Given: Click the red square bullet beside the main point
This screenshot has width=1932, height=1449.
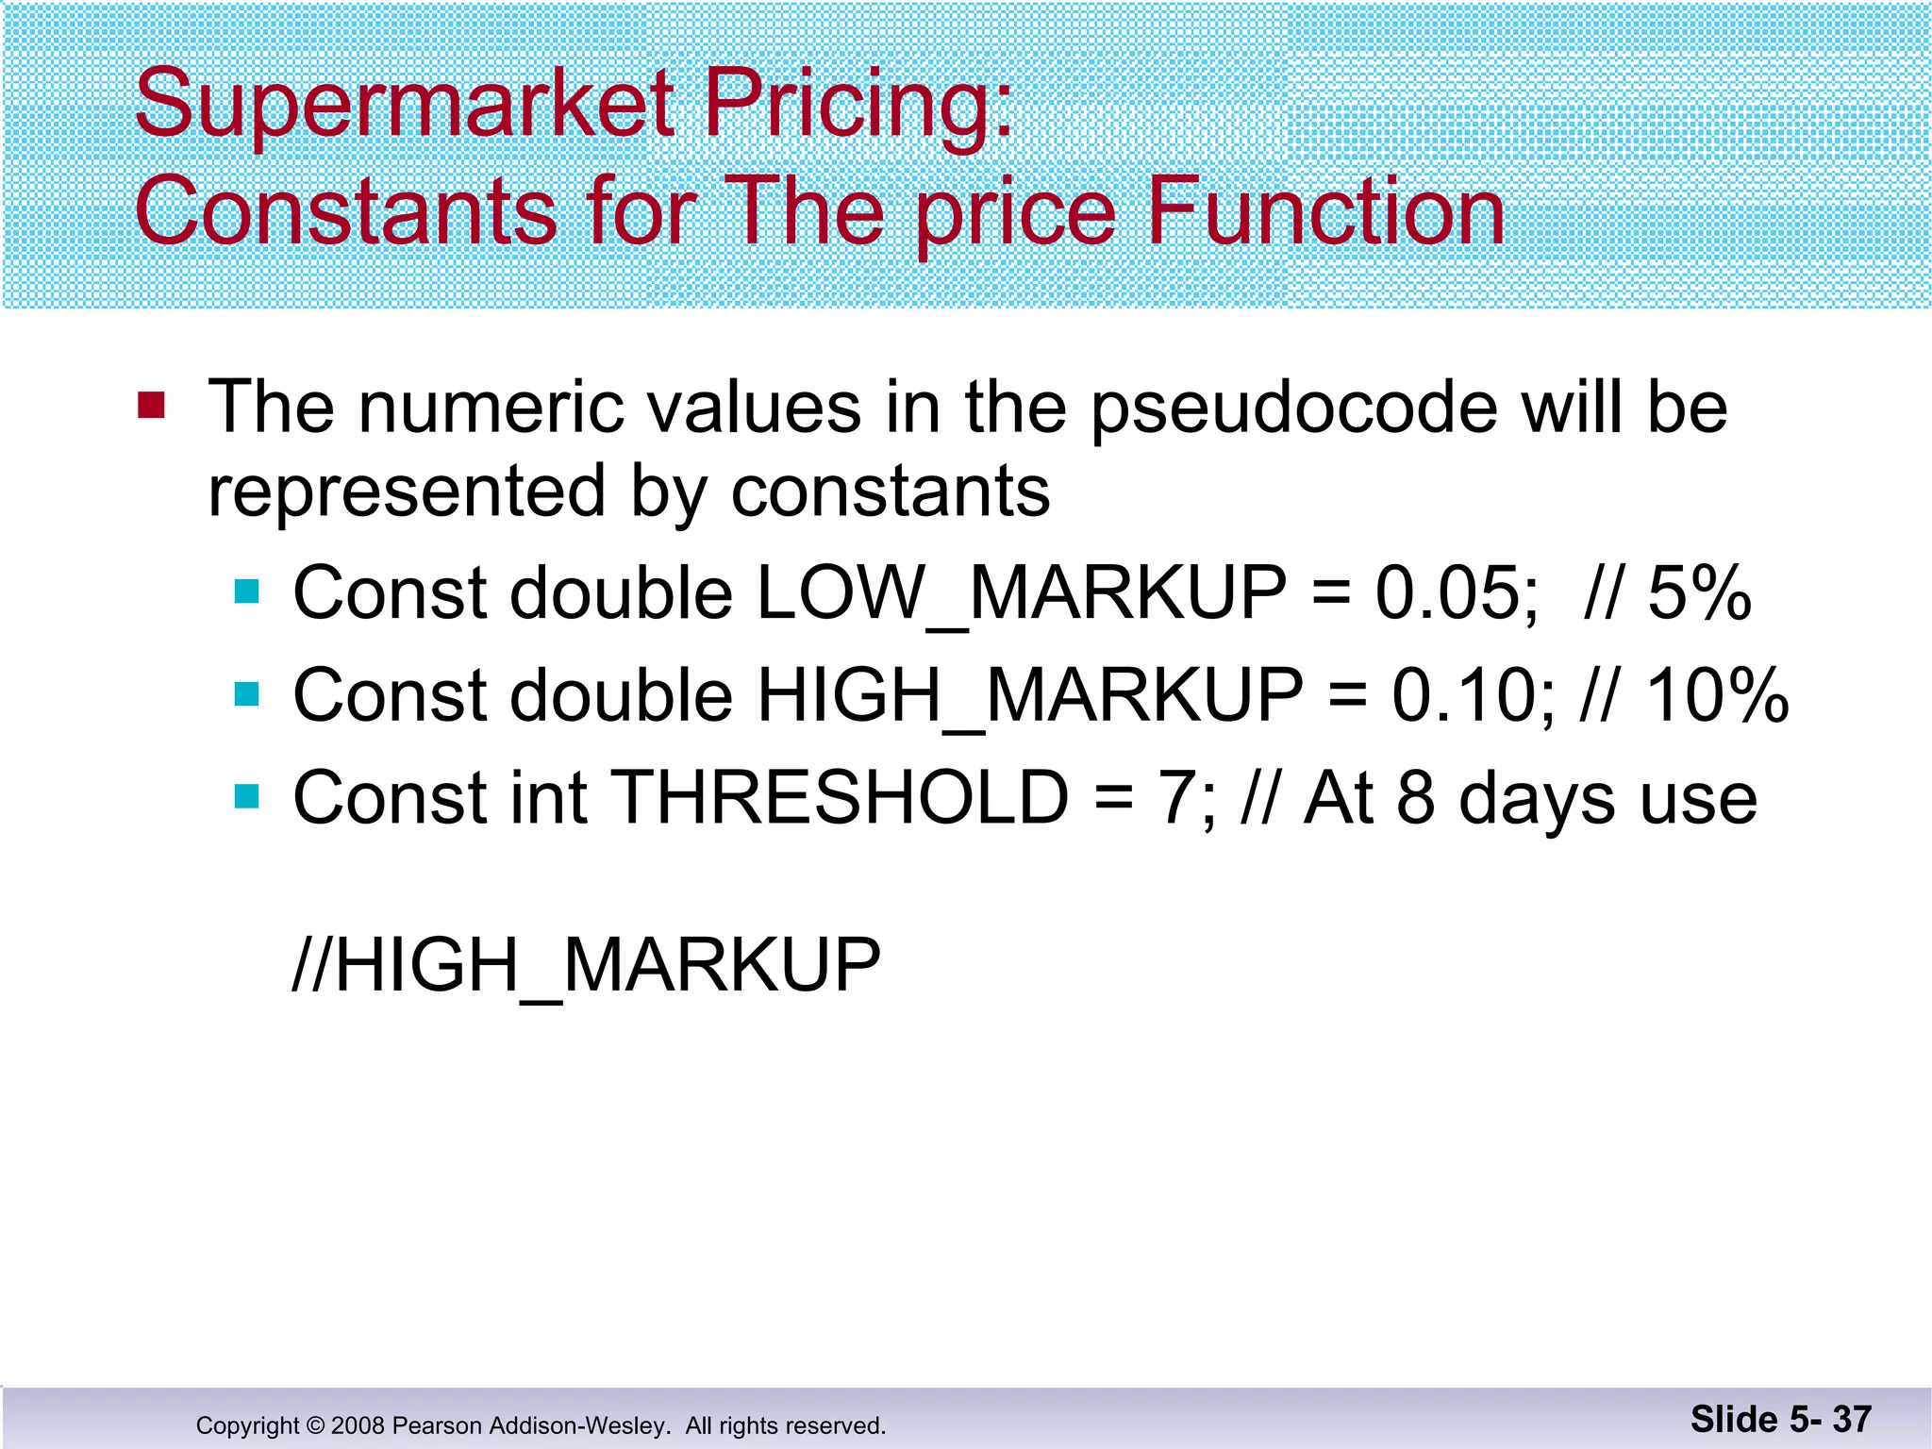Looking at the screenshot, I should coord(151,406).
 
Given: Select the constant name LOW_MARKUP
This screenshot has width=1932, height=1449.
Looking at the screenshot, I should coord(1022,593).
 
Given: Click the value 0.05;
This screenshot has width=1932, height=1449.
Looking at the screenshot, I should coord(1457,593).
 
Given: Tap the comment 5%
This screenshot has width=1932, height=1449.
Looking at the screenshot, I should coord(1699,593).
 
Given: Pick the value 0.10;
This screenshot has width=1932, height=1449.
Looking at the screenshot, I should coord(1474,695).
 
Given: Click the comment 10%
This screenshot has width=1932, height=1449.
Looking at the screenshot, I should coord(1717,695).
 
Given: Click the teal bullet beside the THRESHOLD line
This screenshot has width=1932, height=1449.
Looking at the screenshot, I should coord(247,797).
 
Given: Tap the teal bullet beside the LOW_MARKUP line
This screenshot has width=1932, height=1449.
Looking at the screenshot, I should coord(247,591).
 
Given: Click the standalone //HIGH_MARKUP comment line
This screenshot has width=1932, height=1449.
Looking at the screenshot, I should coord(586,965).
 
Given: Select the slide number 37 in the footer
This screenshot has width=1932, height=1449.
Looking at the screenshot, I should coord(1852,1419).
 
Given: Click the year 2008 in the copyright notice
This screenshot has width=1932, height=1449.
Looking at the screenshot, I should coord(358,1425).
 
